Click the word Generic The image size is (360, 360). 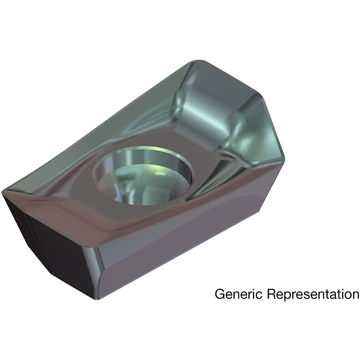pos(238,294)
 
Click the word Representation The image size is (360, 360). pos(313,294)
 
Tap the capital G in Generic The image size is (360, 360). pos(220,294)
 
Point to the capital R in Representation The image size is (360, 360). pos(271,294)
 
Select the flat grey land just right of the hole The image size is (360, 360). pos(204,168)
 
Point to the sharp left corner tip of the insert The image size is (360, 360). pos(2,193)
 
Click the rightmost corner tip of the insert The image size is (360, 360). pos(285,159)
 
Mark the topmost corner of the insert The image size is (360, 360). pos(199,60)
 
